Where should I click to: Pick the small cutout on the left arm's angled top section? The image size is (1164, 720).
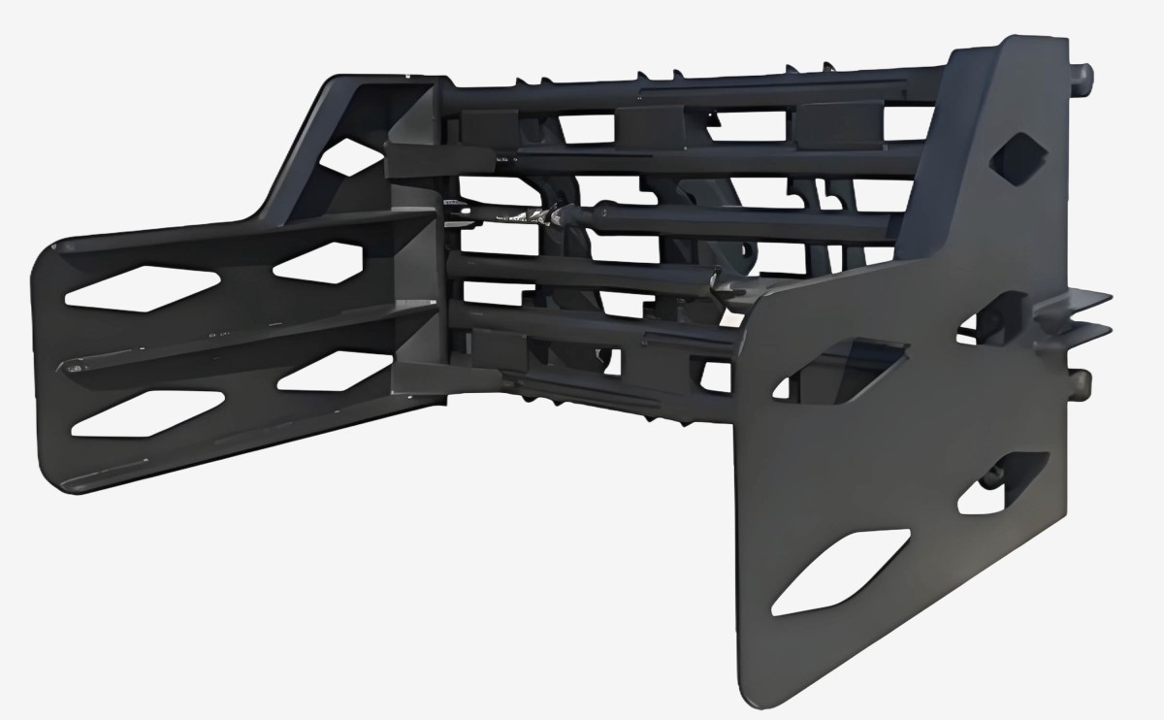click(348, 156)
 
